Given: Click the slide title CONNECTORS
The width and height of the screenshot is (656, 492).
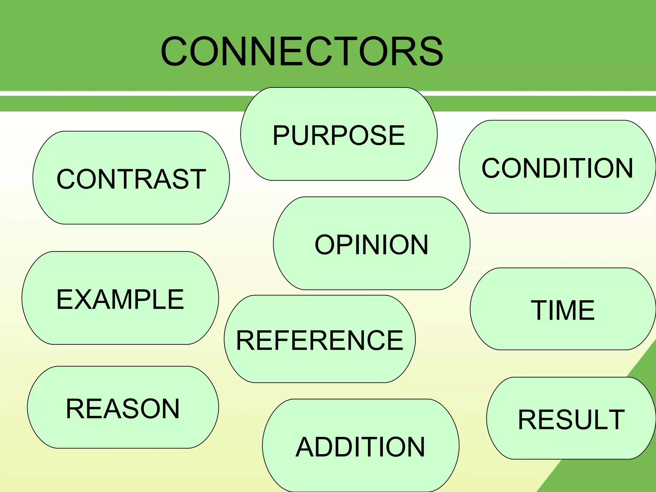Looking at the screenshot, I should click(302, 51).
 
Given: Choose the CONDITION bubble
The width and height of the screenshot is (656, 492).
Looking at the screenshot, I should click(557, 167).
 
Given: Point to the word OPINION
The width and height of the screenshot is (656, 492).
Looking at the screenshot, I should click(372, 245).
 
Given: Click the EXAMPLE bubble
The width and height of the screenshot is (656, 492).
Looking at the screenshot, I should click(120, 299).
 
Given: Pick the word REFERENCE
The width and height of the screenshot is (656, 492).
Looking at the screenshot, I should click(320, 340).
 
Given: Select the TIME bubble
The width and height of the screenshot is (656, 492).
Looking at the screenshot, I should click(563, 309).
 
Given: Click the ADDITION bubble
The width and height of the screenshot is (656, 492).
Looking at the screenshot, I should click(360, 447).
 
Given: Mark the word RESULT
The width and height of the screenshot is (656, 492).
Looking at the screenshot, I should click(571, 419).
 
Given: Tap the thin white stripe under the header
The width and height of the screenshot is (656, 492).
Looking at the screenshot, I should click(128, 93).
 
